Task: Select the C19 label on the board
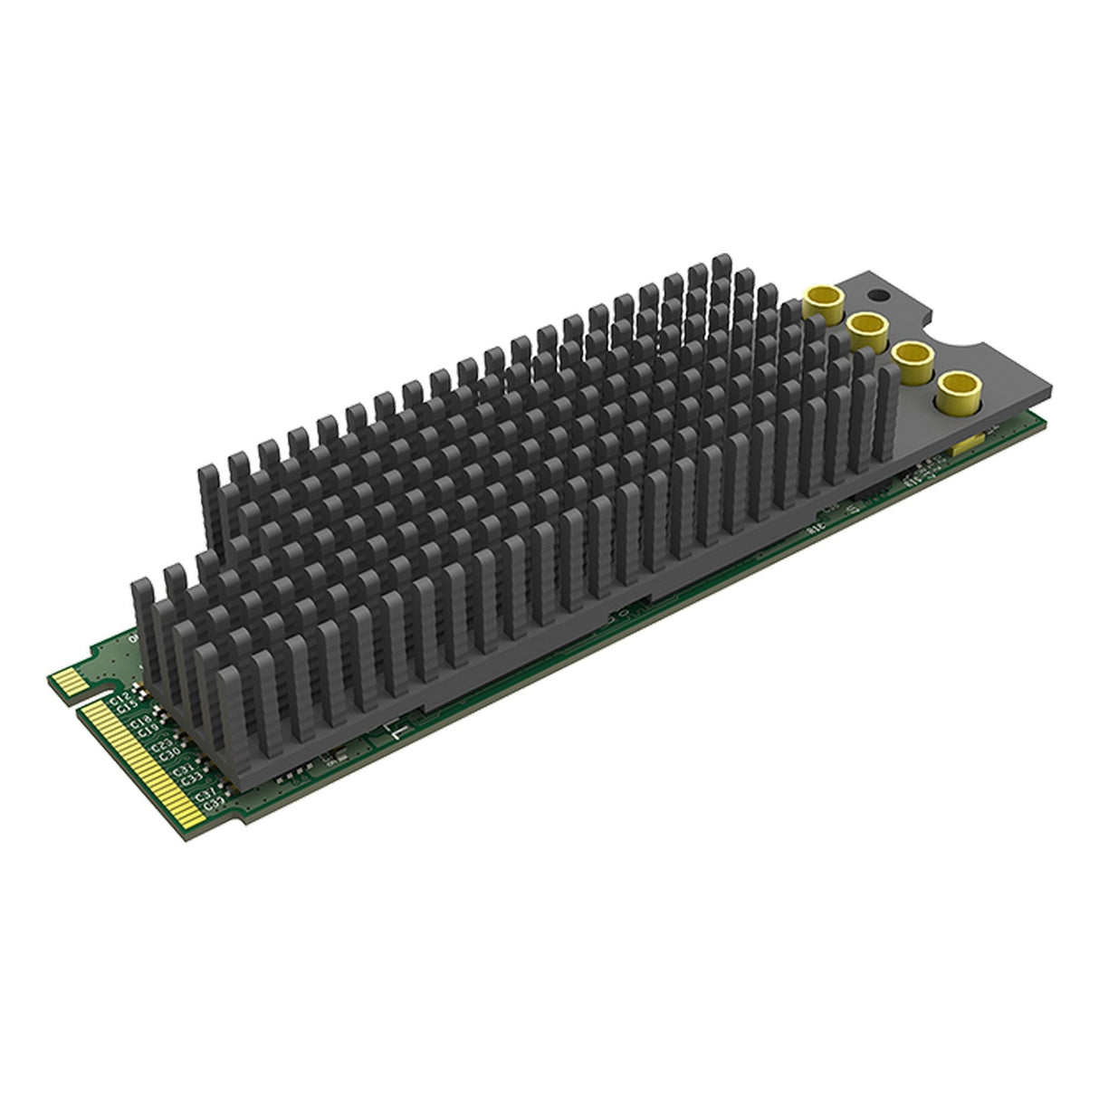150,731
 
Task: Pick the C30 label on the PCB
170,755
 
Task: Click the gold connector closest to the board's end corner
955,390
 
